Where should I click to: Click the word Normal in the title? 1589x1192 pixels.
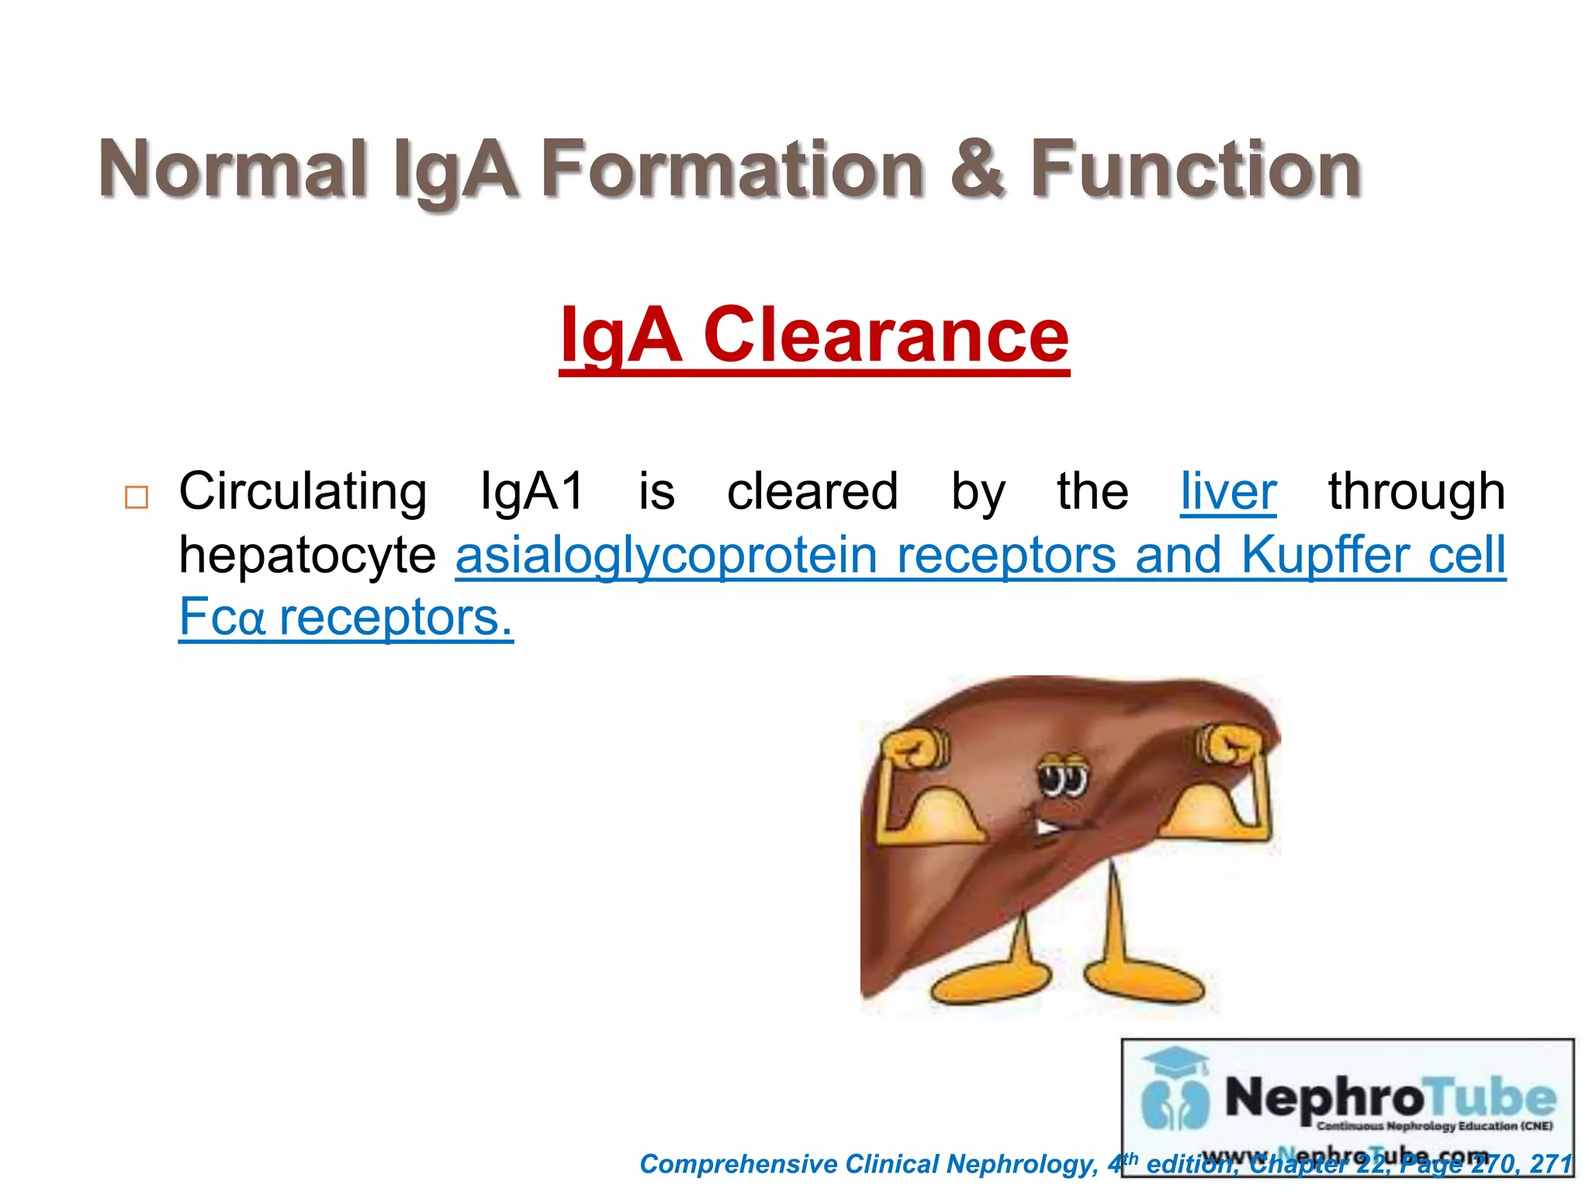pyautogui.click(x=233, y=169)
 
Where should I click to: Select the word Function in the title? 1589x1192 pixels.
pyautogui.click(x=1195, y=169)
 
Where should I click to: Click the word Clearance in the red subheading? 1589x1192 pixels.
pyautogui.click(x=886, y=335)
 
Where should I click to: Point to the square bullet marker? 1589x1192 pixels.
pyautogui.click(x=137, y=497)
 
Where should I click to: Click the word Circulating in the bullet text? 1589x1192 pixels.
pyautogui.click(x=303, y=492)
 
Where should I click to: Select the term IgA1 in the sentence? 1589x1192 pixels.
pyautogui.click(x=532, y=492)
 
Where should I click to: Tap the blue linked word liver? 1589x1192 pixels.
pyautogui.click(x=1228, y=492)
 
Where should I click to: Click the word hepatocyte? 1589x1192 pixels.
pyautogui.click(x=307, y=556)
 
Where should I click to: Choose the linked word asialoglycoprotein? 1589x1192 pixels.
pyautogui.click(x=666, y=556)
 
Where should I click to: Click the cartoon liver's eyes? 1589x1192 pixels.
pyautogui.click(x=1064, y=776)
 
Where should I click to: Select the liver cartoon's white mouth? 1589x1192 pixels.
pyautogui.click(x=1047, y=828)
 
